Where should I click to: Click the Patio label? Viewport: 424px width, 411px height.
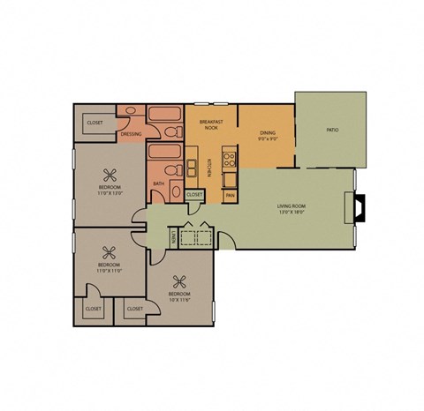point(332,130)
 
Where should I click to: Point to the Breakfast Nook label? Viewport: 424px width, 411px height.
point(210,125)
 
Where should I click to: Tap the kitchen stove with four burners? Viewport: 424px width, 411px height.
point(229,161)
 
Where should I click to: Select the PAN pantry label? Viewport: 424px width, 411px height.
point(230,195)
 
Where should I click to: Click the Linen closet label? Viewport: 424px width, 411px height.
point(172,237)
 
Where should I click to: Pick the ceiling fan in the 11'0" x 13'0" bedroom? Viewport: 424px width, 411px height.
point(110,174)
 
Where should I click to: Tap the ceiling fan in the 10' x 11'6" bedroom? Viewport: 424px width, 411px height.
point(179,282)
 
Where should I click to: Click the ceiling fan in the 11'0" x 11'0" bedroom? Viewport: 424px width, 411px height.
point(109,251)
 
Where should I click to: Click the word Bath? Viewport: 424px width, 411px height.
point(158,183)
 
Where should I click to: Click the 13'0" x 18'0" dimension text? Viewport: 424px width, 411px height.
point(291,213)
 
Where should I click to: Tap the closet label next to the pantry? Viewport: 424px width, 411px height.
point(195,194)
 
